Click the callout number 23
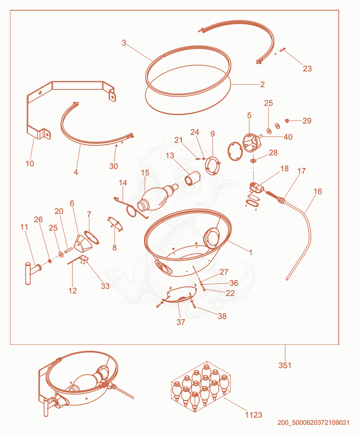click(x=307, y=68)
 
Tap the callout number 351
click(x=285, y=365)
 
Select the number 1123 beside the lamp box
click(x=253, y=415)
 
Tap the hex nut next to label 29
click(x=286, y=120)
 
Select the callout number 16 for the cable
click(x=318, y=192)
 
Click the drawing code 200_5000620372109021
click(x=313, y=423)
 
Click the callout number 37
click(x=181, y=322)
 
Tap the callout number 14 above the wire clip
click(x=123, y=183)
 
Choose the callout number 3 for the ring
click(x=124, y=43)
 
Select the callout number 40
click(x=288, y=137)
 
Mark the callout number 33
click(x=105, y=286)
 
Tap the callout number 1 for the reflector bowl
click(x=250, y=253)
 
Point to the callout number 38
click(x=222, y=317)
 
